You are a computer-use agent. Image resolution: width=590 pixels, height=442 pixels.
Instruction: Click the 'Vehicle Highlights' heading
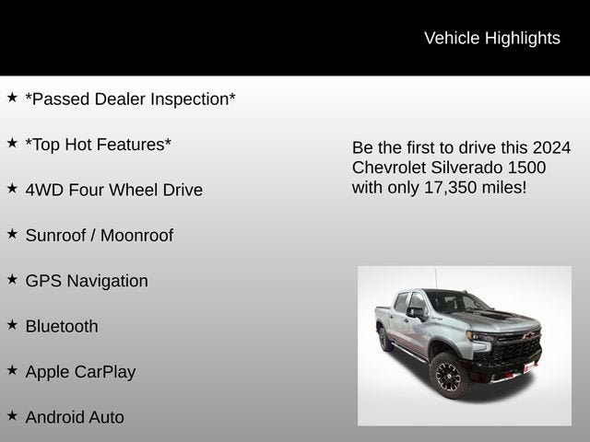coord(491,38)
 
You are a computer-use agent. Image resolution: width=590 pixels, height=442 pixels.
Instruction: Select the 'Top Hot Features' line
coord(98,145)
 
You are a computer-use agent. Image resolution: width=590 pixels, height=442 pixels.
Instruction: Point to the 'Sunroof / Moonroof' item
coord(99,235)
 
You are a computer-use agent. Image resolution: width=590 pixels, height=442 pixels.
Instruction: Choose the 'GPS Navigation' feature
coord(87,281)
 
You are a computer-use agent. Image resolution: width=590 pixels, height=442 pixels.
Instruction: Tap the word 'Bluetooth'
coord(62,326)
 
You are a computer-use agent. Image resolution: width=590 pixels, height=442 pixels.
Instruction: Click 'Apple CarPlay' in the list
coord(80,372)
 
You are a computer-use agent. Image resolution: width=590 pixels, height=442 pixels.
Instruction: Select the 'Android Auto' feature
coord(75,417)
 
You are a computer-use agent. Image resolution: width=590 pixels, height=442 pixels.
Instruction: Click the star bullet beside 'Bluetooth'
coord(12,324)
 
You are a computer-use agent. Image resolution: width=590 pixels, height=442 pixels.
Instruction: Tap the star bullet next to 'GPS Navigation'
coord(12,279)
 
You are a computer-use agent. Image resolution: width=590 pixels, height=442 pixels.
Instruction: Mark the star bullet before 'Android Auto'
coord(12,415)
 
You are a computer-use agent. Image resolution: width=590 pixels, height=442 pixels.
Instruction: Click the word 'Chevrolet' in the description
coord(390,168)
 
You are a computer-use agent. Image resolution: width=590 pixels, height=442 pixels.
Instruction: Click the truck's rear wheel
coord(385,339)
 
